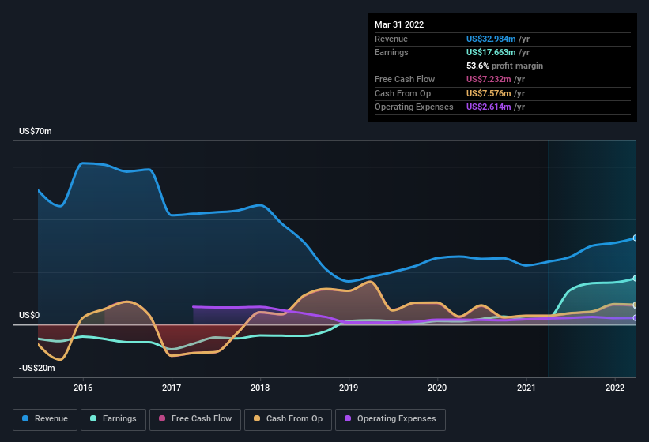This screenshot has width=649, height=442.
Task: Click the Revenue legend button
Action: coord(45,419)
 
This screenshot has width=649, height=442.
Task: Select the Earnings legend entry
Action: coord(113,419)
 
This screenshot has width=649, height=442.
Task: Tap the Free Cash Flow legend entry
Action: coord(196,419)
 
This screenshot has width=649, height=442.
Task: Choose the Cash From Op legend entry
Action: coord(289,419)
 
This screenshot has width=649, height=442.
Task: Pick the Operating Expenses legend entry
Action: coord(391,419)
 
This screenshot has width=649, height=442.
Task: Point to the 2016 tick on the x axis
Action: coord(83,388)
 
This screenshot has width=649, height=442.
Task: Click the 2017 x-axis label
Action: coord(172,388)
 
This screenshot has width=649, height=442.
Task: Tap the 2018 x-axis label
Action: coord(260,388)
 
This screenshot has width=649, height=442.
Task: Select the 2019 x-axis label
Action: coord(349,388)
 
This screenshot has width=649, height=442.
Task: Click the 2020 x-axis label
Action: coord(437,388)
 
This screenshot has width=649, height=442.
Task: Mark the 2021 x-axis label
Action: coord(526,388)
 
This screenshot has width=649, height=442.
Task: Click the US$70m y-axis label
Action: coord(36,132)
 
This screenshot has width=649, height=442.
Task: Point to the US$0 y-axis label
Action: coord(29,316)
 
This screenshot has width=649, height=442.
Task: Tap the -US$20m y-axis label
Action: coord(37,369)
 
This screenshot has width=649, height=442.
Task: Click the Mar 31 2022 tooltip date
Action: coord(399,24)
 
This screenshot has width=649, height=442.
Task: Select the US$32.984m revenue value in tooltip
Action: coord(491,39)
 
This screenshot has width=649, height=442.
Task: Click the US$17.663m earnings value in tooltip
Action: coord(491,52)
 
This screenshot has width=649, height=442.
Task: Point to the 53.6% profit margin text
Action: coord(504,66)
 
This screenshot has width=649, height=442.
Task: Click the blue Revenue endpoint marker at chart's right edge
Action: coord(635,238)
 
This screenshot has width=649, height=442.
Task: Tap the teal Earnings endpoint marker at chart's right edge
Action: coord(635,279)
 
